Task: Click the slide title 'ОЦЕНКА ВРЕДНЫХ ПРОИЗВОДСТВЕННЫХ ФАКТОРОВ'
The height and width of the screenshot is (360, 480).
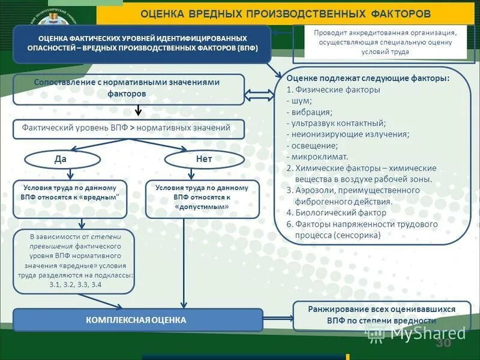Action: [x=285, y=13]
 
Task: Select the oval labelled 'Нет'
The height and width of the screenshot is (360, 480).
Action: [x=204, y=159]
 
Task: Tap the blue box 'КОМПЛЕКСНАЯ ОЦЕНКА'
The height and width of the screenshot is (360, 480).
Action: [x=138, y=320]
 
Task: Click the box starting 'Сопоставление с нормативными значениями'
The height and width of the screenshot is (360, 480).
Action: [x=128, y=89]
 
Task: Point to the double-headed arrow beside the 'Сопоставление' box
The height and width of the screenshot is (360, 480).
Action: [x=259, y=95]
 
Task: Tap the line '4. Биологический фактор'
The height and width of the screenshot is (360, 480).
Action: [x=336, y=212]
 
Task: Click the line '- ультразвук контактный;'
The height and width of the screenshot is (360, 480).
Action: [x=336, y=123]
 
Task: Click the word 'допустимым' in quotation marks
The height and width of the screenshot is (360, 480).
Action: [x=202, y=206]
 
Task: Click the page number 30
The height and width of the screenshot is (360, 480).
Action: [x=443, y=343]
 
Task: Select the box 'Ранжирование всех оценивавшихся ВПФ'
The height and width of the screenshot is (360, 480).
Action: [x=382, y=315]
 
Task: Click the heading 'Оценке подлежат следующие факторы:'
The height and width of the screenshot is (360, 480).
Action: [x=368, y=79]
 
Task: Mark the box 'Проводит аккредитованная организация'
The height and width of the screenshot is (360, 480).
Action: [x=385, y=42]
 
